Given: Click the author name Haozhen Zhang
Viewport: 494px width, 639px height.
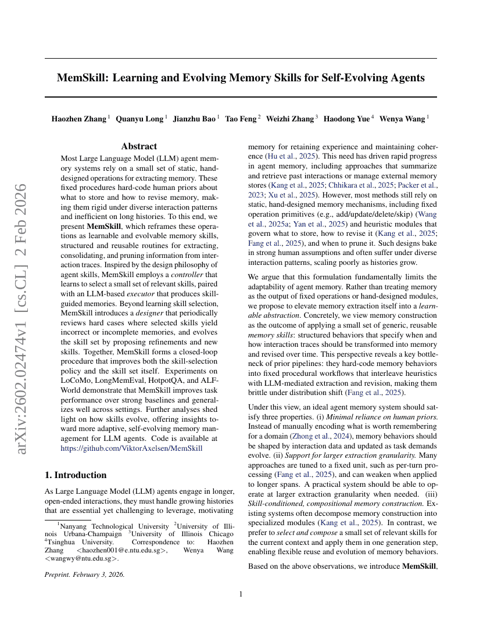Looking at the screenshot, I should coord(78,119).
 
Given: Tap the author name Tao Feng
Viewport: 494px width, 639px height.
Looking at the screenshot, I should coord(241,119).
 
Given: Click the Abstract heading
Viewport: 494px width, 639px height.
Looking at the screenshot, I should coord(139,146).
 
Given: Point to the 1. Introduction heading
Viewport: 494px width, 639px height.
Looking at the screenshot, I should coord(76,475).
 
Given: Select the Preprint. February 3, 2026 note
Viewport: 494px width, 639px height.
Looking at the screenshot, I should coord(85,575).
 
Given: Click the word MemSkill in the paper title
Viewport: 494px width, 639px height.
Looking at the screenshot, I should coord(81,78).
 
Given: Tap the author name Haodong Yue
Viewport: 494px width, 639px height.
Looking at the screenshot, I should coord(346,119).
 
